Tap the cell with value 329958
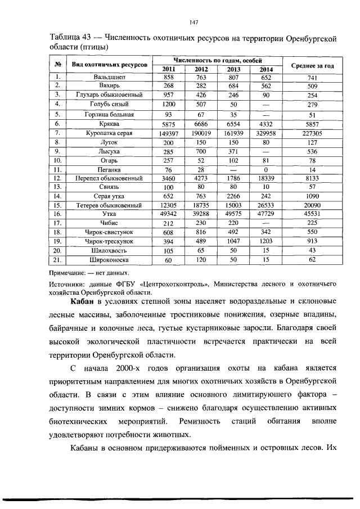(x=267, y=134)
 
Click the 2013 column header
(x=233, y=69)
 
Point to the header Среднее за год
(x=312, y=66)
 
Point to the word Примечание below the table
(x=70, y=273)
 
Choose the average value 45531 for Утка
(x=312, y=214)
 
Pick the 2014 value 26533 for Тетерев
(x=267, y=205)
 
